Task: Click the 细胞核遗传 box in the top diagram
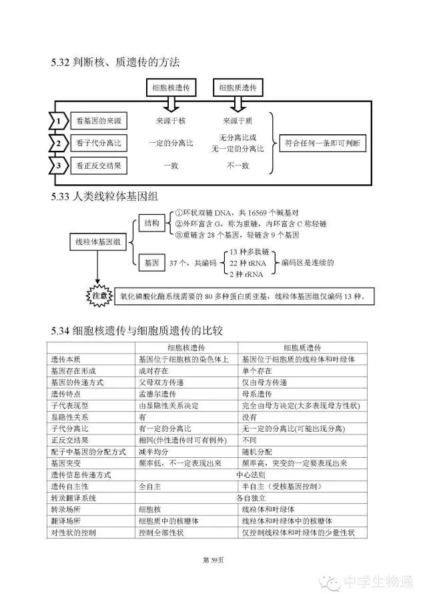click(x=171, y=87)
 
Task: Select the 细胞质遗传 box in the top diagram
click(x=237, y=87)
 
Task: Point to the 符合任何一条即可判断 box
click(x=323, y=143)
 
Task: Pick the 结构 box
click(x=152, y=224)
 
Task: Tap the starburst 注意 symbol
click(x=99, y=294)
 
